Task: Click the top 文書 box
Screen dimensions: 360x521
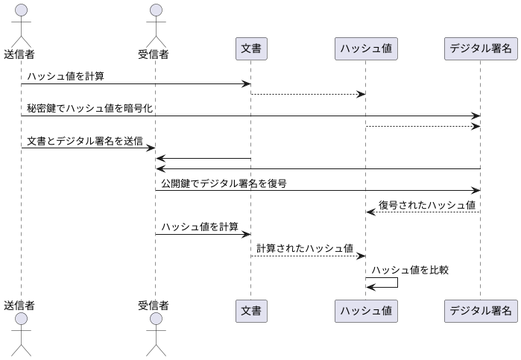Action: click(x=250, y=48)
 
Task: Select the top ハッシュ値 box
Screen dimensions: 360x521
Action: click(x=365, y=48)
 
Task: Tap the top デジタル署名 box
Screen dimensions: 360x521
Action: click(x=480, y=48)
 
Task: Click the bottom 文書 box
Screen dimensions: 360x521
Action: click(x=250, y=310)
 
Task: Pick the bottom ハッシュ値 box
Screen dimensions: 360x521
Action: click(x=365, y=310)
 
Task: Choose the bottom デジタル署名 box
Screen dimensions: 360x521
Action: click(x=480, y=310)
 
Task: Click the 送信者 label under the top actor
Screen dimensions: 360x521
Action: click(x=20, y=54)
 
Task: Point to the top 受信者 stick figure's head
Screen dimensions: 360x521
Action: click(x=155, y=10)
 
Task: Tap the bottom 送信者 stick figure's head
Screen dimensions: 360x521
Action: click(x=20, y=320)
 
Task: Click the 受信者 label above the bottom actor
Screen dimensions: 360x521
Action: click(x=154, y=305)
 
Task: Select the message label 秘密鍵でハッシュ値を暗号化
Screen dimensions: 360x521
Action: click(x=89, y=108)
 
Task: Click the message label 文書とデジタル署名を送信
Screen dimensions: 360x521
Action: click(x=84, y=140)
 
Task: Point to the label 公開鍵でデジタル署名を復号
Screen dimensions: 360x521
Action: click(x=224, y=183)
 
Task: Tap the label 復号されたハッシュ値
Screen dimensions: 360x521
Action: click(x=426, y=204)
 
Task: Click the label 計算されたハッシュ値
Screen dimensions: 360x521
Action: click(x=305, y=248)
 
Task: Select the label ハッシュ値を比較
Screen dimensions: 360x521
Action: click(x=409, y=270)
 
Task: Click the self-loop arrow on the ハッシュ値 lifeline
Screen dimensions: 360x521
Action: click(x=397, y=283)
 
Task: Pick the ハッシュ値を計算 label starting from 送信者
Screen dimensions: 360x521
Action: click(x=66, y=75)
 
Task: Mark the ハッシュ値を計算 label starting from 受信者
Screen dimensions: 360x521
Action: click(x=200, y=227)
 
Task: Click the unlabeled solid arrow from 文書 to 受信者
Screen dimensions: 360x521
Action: click(x=203, y=158)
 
